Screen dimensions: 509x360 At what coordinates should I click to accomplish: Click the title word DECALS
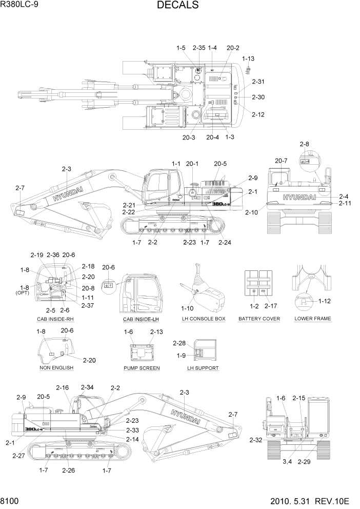coord(177,6)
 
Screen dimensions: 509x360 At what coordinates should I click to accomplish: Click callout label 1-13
coord(248,59)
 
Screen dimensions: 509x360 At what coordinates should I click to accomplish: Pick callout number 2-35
coord(199,48)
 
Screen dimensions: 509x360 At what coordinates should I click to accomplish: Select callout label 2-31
coord(258,82)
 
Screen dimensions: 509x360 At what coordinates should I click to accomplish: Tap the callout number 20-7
coord(281,161)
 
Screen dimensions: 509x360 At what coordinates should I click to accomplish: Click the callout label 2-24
coord(225,242)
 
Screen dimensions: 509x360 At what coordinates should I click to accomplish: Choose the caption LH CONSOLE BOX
coord(204,319)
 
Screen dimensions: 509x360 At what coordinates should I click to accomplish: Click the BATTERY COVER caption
coord(259,319)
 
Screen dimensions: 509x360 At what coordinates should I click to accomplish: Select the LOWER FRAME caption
coord(313,319)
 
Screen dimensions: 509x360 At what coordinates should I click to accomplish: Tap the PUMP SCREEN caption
coord(142,368)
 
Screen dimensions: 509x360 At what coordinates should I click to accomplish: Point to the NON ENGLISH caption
coord(56,368)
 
